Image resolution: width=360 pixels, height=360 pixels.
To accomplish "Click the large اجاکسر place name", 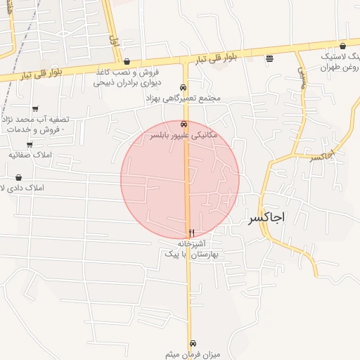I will [x=266, y=217].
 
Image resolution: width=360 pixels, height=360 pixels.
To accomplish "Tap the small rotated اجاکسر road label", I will [x=321, y=155].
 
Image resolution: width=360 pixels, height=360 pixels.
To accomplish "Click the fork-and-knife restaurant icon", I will [x=191, y=233].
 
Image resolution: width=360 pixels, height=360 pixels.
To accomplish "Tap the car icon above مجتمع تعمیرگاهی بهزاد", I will [x=184, y=88].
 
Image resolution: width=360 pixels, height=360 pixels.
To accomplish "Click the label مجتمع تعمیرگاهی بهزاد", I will [x=183, y=98].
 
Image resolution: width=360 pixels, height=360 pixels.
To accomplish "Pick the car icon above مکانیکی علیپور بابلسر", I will [x=184, y=124].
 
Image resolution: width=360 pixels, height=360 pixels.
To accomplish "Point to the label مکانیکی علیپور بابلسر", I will [x=184, y=134].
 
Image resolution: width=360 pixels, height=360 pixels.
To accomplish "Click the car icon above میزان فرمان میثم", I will [x=194, y=342].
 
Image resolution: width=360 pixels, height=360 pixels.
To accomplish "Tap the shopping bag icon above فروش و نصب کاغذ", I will [x=126, y=61].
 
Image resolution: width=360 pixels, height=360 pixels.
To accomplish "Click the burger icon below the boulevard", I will [x=269, y=59].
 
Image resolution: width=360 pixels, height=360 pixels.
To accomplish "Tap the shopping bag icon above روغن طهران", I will [x=342, y=45].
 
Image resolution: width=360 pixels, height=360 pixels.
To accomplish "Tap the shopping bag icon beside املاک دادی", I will [x=18, y=177].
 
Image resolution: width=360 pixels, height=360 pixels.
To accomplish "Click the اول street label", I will [x=114, y=39].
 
